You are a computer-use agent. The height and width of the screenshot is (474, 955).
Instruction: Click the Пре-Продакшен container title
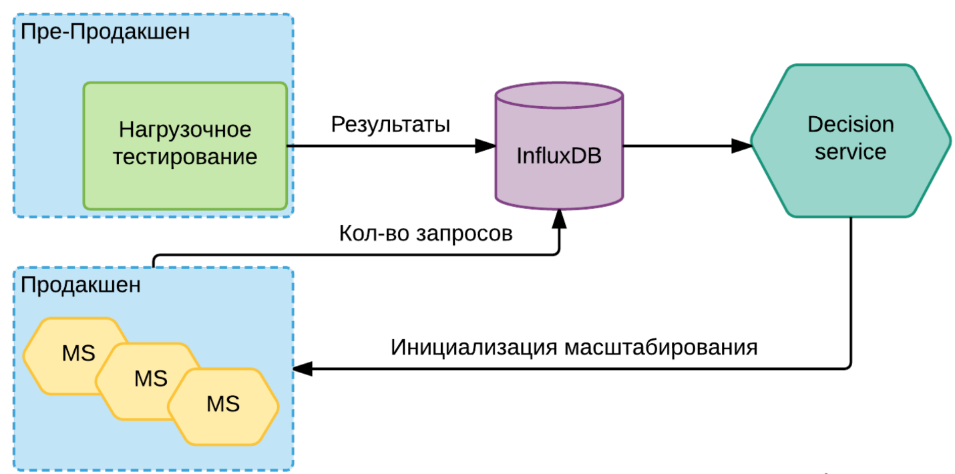106,32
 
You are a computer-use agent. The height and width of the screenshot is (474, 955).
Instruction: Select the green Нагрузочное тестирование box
185,146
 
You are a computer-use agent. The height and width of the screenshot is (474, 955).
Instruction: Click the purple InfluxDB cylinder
559,146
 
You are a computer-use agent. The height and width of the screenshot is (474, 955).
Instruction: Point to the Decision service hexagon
851,141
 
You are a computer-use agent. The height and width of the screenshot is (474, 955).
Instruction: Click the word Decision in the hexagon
851,124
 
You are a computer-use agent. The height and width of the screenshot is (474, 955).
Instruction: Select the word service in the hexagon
851,152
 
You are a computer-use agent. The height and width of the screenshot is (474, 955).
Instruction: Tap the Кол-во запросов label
425,234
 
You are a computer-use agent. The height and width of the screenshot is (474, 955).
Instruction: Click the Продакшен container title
81,285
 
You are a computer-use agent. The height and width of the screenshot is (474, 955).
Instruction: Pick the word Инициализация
473,347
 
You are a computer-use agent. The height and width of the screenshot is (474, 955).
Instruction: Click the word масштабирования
661,347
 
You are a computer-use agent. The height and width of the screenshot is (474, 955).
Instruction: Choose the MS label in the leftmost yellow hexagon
78,353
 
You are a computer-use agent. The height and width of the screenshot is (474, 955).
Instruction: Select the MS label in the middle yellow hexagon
151,379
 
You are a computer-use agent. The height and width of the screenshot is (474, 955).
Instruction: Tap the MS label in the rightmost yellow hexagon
223,404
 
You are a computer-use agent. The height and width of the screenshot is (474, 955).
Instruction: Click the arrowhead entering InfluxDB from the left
485,146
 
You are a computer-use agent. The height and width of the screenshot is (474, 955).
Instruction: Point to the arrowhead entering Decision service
741,146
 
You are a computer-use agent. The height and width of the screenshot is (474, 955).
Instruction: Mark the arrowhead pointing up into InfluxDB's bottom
559,219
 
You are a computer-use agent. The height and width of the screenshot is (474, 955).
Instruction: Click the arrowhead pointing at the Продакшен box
303,369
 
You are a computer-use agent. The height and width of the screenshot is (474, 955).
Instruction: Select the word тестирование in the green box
185,158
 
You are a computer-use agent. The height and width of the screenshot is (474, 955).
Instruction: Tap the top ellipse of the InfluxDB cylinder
559,95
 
